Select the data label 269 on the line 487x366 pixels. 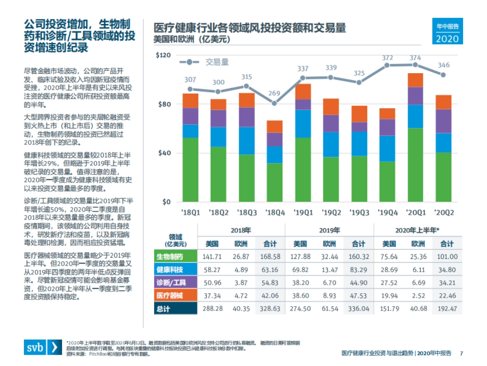[274, 94]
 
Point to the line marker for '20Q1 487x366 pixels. [415, 65]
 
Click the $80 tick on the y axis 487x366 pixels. [165, 104]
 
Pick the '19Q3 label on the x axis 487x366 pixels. [359, 212]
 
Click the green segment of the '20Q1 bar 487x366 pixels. [415, 165]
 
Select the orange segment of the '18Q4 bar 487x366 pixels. [274, 126]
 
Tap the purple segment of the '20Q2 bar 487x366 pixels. [443, 121]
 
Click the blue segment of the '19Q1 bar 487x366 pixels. [303, 124]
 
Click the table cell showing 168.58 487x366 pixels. [270, 257]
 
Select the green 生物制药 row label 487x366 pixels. [175, 257]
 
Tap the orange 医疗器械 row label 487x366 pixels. [175, 295]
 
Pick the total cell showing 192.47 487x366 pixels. [446, 309]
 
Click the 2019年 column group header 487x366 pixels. [329, 230]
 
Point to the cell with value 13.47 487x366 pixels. [329, 270]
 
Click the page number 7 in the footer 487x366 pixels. [461, 353]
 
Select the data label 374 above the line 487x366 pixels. [415, 58]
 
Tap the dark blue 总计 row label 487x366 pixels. [175, 309]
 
